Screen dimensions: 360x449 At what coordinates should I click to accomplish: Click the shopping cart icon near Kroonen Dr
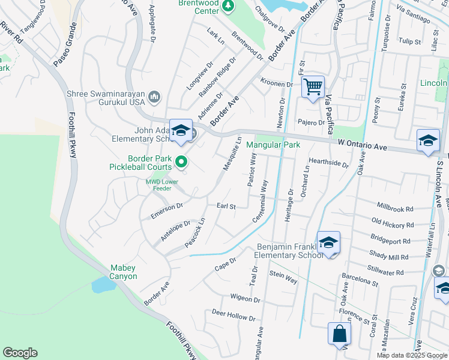[x=313, y=88]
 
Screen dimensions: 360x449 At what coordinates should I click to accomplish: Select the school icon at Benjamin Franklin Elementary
[x=328, y=242]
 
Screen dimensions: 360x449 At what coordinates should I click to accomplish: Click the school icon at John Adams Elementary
[x=180, y=130]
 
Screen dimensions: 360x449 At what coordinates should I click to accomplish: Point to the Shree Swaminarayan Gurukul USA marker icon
[x=154, y=97]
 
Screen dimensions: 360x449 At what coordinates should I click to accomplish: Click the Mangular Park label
[x=273, y=145]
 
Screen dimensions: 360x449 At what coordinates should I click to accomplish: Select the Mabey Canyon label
[x=124, y=272]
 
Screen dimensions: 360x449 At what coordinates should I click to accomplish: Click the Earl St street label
[x=226, y=206]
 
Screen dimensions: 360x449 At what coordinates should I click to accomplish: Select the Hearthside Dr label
[x=328, y=163]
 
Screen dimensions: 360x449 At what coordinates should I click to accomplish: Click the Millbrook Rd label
[x=396, y=209]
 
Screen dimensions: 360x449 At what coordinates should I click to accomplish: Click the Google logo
[x=20, y=353]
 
